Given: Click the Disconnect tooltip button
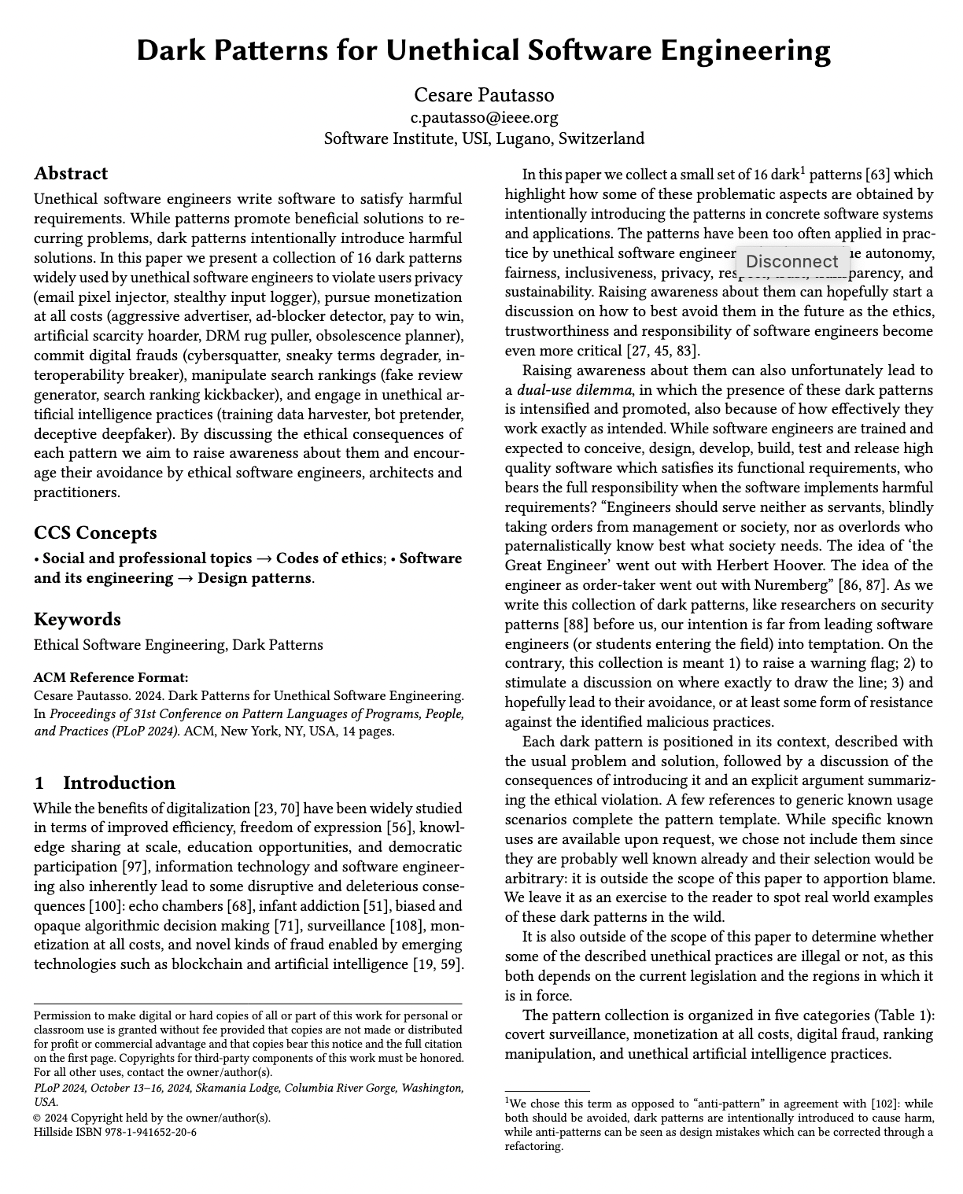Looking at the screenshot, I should click(791, 262).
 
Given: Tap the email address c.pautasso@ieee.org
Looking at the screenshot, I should click(484, 118).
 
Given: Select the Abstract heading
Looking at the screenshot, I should click(71, 174).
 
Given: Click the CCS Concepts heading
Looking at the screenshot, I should click(95, 533).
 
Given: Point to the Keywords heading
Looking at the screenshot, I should click(77, 620).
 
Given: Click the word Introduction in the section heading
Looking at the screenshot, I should click(119, 783).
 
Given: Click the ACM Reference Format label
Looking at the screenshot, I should click(111, 677).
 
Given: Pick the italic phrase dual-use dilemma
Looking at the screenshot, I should click(574, 390).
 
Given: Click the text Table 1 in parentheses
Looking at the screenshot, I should click(904, 1015).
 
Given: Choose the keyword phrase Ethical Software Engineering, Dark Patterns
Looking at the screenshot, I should click(178, 645).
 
